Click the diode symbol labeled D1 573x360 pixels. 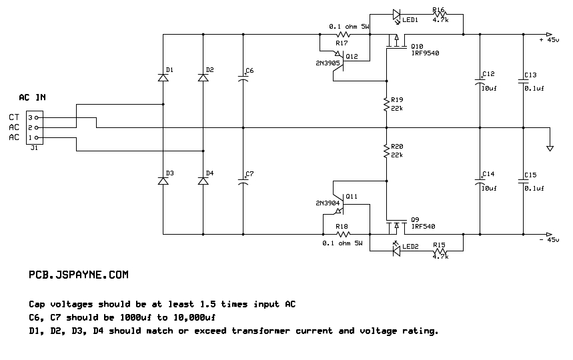pyautogui.click(x=163, y=77)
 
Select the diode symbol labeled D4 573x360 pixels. pyautogui.click(x=203, y=181)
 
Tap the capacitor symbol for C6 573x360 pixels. pyautogui.click(x=243, y=78)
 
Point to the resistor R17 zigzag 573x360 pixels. pyautogui.click(x=343, y=35)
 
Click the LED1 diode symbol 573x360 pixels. pyautogui.click(x=397, y=15)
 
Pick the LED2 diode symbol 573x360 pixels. pyautogui.click(x=396, y=250)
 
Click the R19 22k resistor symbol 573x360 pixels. pyautogui.click(x=387, y=104)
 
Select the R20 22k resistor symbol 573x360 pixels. pyautogui.click(x=387, y=151)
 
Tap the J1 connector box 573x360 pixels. pyautogui.click(x=34, y=127)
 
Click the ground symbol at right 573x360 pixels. pyautogui.click(x=550, y=148)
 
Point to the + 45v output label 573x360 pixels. pyautogui.click(x=549, y=40)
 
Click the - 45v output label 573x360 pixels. pyautogui.click(x=549, y=239)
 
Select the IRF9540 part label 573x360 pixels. pyautogui.click(x=425, y=53)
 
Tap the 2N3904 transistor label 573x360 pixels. pyautogui.click(x=328, y=203)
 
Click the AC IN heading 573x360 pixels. pyautogui.click(x=32, y=97)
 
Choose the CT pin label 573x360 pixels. pyautogui.click(x=14, y=117)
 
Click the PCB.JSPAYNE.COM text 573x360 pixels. pyautogui.click(x=79, y=275)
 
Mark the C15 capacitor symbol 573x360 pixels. pyautogui.click(x=523, y=181)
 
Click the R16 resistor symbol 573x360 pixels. pyautogui.click(x=440, y=14)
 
